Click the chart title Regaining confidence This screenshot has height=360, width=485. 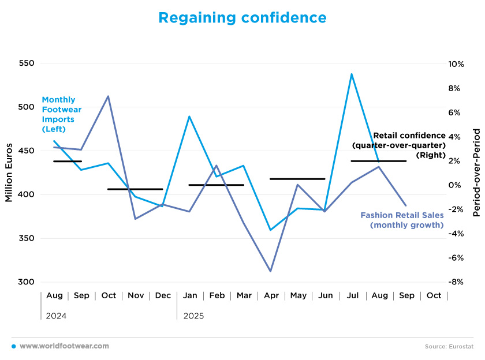242,18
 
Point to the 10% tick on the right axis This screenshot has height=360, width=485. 456,63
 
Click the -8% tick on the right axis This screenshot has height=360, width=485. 456,282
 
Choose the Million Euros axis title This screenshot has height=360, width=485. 9,173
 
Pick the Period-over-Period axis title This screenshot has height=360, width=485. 476,173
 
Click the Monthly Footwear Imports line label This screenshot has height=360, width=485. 61,114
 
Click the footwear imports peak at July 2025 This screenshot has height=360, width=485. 352,74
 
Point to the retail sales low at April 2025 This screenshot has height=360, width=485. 270,271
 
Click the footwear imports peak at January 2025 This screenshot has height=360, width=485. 189,117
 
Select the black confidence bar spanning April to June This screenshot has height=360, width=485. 297,179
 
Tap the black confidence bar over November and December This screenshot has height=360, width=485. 135,189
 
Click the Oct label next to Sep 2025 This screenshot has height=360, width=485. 434,295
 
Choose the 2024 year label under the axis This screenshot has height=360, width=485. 55,316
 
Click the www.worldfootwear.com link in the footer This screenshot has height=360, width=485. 64,346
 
